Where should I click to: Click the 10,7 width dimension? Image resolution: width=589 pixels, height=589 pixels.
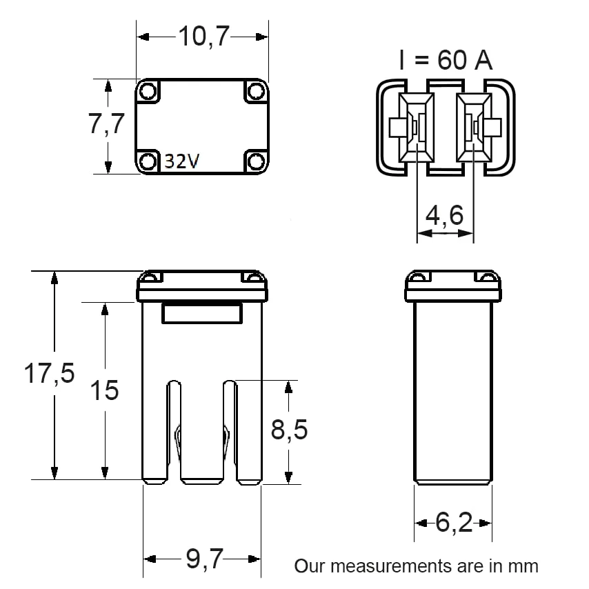coord(203,37)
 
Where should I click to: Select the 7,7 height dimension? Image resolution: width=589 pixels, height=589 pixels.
coord(106,123)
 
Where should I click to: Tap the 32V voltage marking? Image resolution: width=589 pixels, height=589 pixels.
coord(182,161)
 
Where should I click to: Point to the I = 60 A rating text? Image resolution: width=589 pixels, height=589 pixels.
coord(446,60)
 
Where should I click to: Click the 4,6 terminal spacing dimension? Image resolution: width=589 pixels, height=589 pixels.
coord(444,215)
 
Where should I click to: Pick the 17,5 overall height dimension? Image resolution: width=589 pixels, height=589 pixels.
coord(49,373)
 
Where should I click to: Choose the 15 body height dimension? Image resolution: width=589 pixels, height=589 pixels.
coord(104,390)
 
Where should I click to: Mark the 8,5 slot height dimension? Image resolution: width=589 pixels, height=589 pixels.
coord(289,430)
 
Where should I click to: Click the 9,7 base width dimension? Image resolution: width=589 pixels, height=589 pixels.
coord(205,559)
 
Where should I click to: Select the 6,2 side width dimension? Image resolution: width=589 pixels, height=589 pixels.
coord(454,522)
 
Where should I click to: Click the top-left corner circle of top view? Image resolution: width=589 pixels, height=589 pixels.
coord(148,91)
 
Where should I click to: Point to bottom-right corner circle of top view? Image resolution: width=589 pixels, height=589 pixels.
coord(256,162)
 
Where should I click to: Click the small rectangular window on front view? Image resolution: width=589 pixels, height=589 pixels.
coord(202,313)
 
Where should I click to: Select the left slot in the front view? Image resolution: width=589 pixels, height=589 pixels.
coord(174,431)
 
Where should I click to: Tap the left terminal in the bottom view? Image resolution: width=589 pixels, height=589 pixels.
coord(416,128)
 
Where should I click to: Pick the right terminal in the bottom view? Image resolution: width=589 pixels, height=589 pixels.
coord(474,128)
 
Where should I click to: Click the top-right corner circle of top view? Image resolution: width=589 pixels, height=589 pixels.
coord(256,91)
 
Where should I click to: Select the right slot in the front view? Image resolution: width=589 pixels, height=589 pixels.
coord(230,431)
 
